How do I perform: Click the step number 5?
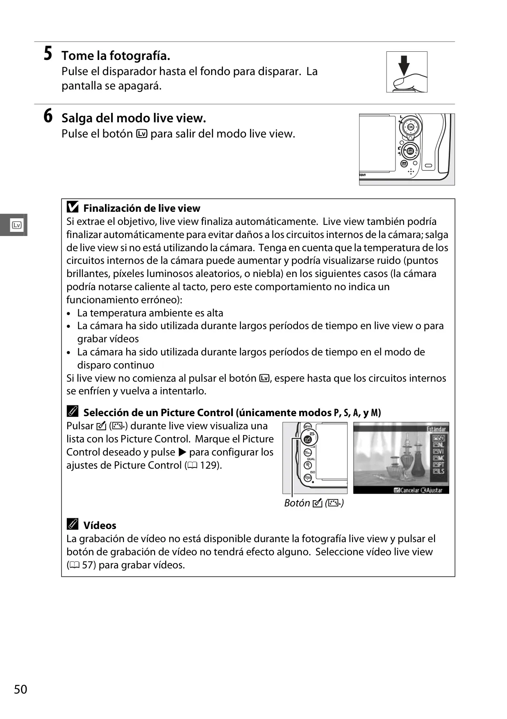coord(48,54)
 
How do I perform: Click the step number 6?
coord(48,116)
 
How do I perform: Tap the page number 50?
coord(20,689)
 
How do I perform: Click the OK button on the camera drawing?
coord(410,127)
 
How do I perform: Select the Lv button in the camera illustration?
coord(410,151)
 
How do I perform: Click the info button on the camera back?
coord(404,164)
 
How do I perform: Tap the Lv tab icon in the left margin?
coord(17,225)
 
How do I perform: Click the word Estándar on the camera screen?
coord(436,429)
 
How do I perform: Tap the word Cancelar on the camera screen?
coord(409,490)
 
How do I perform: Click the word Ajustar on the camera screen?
coord(434,490)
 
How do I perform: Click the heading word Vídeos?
coord(100,525)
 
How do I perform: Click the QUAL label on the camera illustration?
coord(311,459)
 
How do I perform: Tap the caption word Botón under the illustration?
coord(297,503)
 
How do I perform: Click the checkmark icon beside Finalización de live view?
coord(73,207)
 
